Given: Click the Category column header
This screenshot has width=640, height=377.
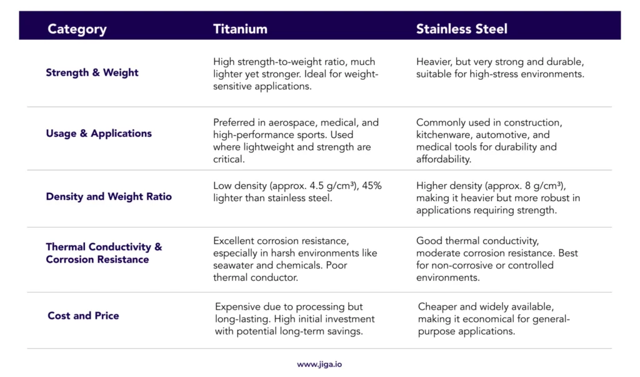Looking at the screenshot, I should tap(77, 29).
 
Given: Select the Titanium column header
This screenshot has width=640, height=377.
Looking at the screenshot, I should tap(240, 29).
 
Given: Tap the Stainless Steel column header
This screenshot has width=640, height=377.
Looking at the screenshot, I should tap(462, 29).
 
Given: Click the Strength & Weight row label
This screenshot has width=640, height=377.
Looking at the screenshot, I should tap(92, 72).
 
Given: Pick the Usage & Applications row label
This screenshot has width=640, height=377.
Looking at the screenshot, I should tap(99, 133).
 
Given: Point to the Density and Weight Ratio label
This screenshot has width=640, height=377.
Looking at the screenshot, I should tap(109, 197).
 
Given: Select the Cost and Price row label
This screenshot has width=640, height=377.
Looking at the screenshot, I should tap(83, 315).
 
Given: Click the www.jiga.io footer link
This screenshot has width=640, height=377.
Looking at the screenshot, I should tap(319, 364).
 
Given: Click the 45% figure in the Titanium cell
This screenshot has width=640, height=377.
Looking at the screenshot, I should tap(367, 186).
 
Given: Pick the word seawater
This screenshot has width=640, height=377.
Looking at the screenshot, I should tap(235, 265).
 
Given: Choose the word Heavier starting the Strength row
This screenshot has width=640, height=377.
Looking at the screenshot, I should tap(435, 62).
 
